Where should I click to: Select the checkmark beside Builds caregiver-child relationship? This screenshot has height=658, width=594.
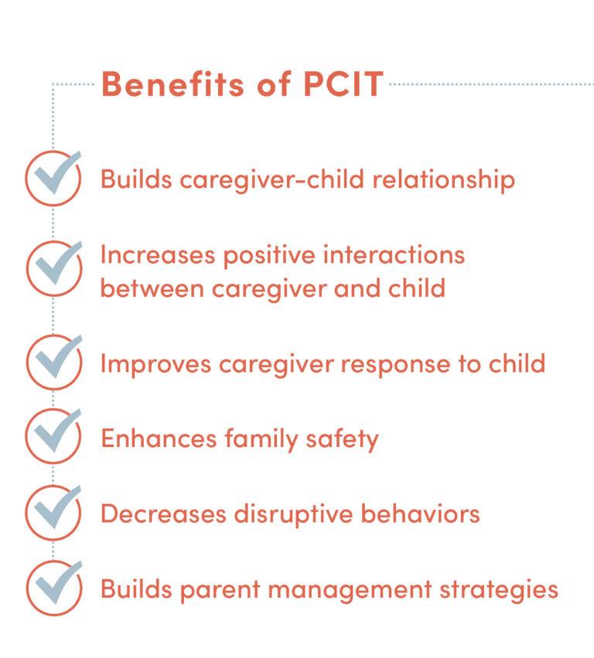[53, 177]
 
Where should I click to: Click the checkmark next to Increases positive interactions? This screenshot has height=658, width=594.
[53, 268]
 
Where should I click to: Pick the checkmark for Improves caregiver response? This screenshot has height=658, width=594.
[53, 361]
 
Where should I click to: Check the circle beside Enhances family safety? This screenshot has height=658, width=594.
[53, 436]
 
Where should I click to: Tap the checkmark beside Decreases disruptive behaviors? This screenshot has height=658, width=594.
[53, 511]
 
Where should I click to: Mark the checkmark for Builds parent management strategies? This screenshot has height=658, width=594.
[53, 587]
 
